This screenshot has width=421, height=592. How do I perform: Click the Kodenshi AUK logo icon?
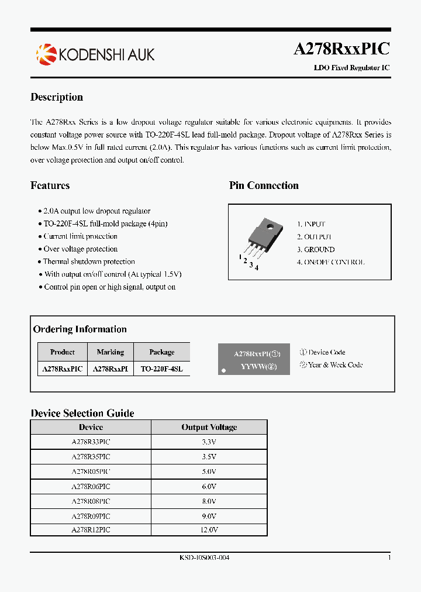coord(46,54)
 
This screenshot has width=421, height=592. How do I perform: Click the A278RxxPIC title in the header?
coord(341,49)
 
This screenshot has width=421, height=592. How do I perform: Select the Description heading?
coord(57,97)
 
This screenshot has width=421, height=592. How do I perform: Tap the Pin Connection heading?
coord(264,185)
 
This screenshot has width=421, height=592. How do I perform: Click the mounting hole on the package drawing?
coord(270,226)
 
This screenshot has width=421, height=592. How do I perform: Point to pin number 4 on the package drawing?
coord(257,268)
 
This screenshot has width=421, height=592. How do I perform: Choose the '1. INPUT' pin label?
coord(310,224)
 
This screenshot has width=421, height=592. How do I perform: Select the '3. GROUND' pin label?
coord(315,250)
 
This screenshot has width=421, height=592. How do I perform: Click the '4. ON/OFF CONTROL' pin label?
coord(330,262)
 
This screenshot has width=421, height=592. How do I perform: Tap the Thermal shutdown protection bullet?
coord(89,261)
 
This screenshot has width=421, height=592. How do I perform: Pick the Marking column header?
coord(111,352)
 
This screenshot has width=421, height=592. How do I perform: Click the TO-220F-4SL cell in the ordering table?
coord(162,369)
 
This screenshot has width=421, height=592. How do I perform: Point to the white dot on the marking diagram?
coord(223,370)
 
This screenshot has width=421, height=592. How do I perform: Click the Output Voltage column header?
coord(209,427)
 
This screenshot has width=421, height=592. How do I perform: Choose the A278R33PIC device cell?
coord(91,442)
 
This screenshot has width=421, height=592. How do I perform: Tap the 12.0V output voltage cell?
coord(209,529)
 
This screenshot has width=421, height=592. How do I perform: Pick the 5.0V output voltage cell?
coord(209,471)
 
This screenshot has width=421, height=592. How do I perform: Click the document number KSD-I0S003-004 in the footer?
coord(205,557)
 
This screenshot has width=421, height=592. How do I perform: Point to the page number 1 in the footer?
coord(389,557)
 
